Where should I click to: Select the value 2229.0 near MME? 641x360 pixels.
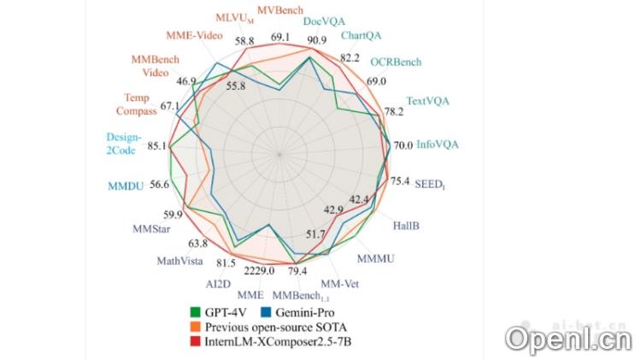[259, 271]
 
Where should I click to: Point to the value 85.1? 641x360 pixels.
[158, 146]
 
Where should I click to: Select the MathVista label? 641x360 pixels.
[179, 261]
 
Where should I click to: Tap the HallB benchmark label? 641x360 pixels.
[407, 226]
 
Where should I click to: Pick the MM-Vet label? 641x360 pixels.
[339, 283]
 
